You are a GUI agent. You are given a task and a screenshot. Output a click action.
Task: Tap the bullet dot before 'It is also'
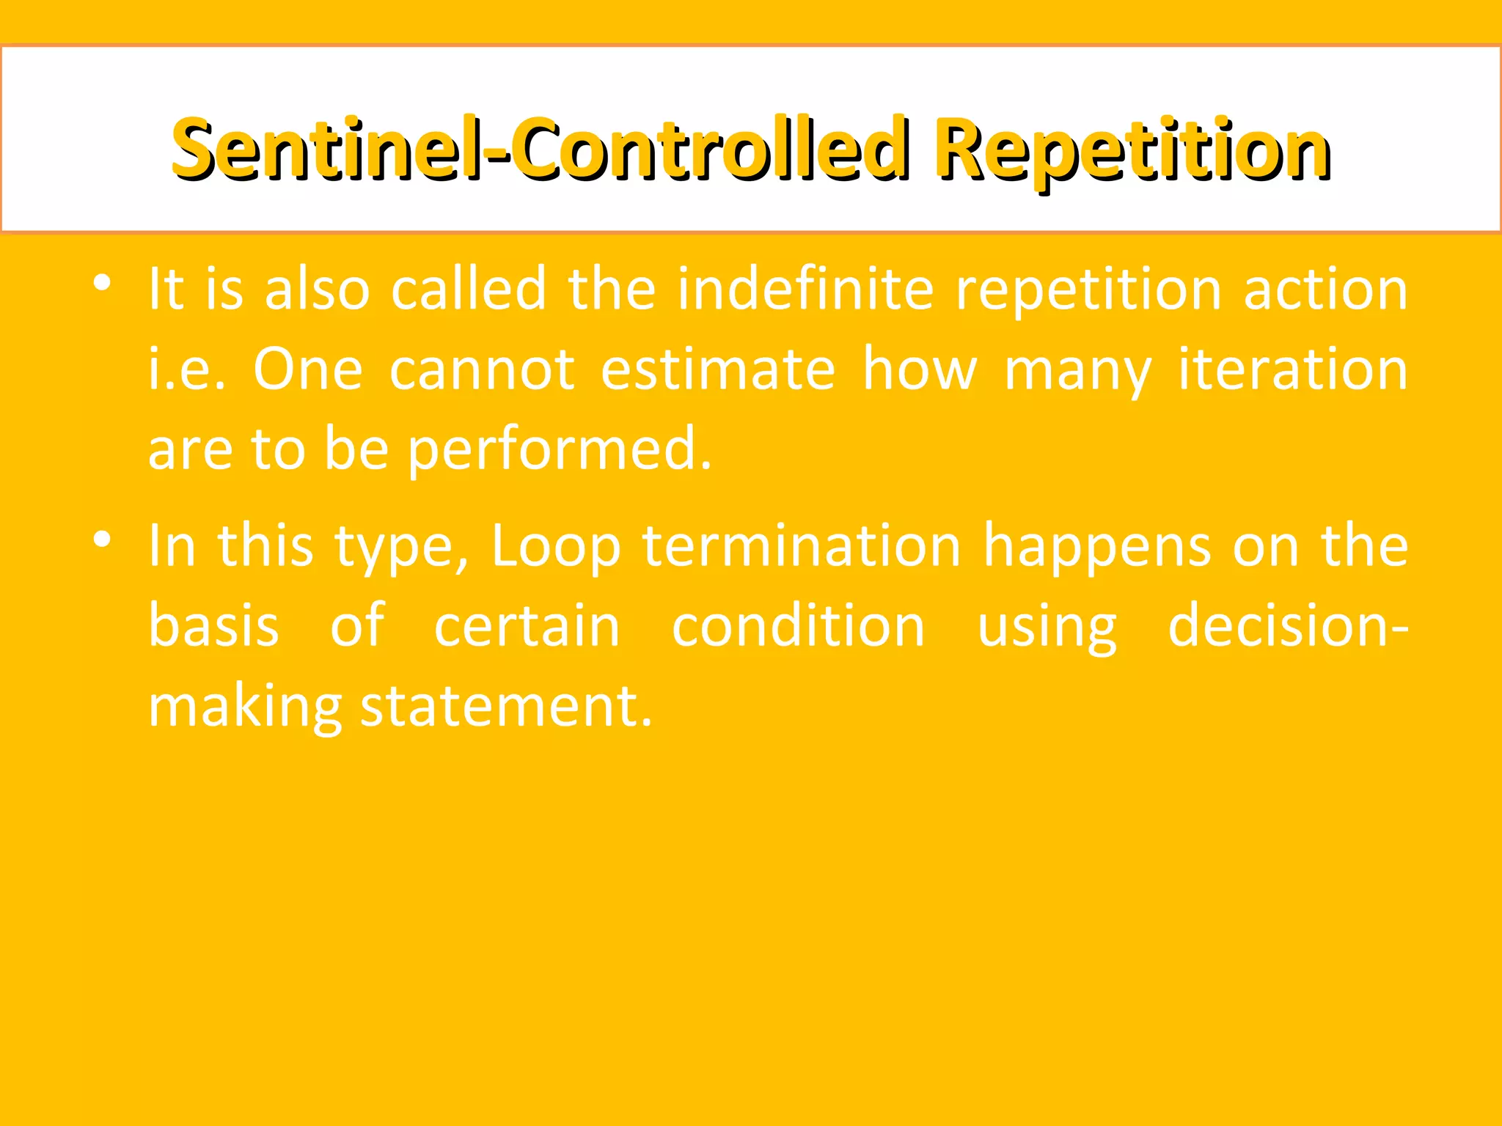tap(102, 282)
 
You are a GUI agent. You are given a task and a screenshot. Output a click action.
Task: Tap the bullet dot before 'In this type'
tap(102, 540)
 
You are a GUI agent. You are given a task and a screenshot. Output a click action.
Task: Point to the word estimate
tap(717, 369)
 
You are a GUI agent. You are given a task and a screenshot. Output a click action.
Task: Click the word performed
tap(559, 449)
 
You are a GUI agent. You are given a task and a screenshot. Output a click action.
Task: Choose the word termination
tap(802, 546)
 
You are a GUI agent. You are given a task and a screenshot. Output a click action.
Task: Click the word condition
tap(798, 627)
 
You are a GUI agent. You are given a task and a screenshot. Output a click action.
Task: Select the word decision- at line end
tap(1288, 627)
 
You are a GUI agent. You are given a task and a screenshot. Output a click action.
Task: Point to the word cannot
tap(482, 369)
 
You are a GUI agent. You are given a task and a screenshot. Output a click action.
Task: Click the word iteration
tap(1292, 369)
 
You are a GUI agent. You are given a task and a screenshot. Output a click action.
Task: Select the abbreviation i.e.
tap(187, 369)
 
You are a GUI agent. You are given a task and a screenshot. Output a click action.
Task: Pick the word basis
tap(213, 627)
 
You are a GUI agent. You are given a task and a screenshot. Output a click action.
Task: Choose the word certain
tap(527, 627)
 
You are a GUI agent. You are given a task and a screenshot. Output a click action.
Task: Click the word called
tap(469, 289)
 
